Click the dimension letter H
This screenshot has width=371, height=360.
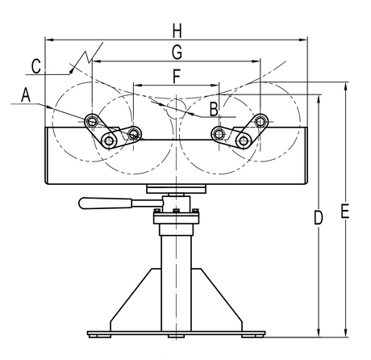click(x=177, y=31)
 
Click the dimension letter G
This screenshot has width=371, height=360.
click(x=177, y=52)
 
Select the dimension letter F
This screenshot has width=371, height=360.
click(x=177, y=77)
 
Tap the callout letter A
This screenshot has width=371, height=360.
click(x=26, y=94)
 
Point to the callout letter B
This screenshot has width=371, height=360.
click(x=214, y=110)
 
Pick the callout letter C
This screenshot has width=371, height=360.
click(x=36, y=66)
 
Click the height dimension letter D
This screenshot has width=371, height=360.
click(x=319, y=218)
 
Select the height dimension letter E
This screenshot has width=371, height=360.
click(x=345, y=211)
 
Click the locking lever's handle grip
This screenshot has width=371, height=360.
click(x=106, y=203)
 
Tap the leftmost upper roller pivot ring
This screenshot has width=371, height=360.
click(x=92, y=121)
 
